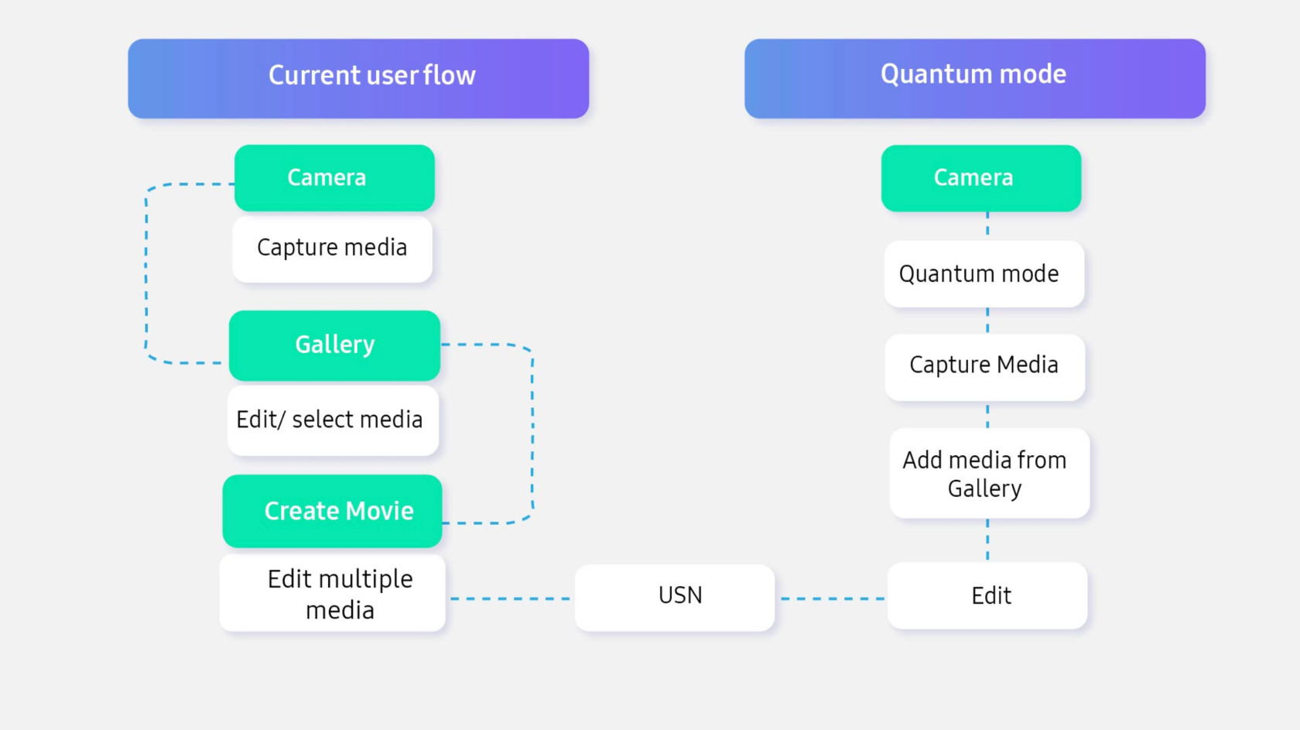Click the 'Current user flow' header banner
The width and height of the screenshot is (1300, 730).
(x=359, y=78)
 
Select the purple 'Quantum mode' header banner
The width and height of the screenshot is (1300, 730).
(x=975, y=78)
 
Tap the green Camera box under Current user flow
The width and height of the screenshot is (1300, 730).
(x=334, y=178)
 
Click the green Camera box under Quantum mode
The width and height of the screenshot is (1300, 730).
(x=981, y=178)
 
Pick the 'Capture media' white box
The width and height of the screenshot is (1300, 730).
(x=333, y=249)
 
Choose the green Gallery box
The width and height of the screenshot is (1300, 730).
(x=334, y=345)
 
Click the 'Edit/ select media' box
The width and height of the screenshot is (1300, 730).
(x=333, y=420)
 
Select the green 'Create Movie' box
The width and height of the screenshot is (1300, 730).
(x=333, y=511)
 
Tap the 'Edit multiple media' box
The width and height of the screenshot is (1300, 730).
(x=333, y=593)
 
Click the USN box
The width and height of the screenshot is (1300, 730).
(x=675, y=598)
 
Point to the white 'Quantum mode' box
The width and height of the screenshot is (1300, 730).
(x=984, y=273)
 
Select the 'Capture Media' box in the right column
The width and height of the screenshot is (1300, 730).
(x=985, y=367)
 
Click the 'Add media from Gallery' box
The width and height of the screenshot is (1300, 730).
(x=990, y=473)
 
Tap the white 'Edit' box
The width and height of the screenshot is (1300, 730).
(x=987, y=595)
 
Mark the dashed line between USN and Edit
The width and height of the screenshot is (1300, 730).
(x=833, y=598)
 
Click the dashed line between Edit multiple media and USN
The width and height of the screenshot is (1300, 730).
(x=510, y=598)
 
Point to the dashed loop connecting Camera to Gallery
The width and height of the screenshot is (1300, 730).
(x=146, y=273)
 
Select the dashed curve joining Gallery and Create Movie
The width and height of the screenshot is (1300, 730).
(x=532, y=434)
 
